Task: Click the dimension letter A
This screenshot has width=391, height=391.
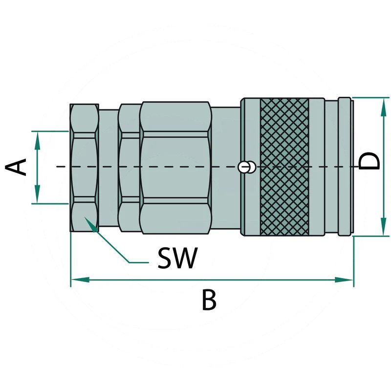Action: pyautogui.click(x=18, y=167)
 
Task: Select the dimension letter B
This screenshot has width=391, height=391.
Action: pyautogui.click(x=209, y=301)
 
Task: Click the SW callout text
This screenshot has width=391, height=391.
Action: pyautogui.click(x=177, y=258)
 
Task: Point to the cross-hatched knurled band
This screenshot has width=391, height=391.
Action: pyautogui.click(x=284, y=167)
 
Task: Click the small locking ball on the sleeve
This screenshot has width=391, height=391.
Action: pyautogui.click(x=246, y=167)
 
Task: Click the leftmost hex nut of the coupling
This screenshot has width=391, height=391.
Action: pyautogui.click(x=84, y=167)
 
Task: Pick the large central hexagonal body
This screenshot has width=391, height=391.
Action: pyautogui.click(x=175, y=167)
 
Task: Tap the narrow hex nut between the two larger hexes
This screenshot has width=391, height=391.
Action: pyautogui.click(x=129, y=167)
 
